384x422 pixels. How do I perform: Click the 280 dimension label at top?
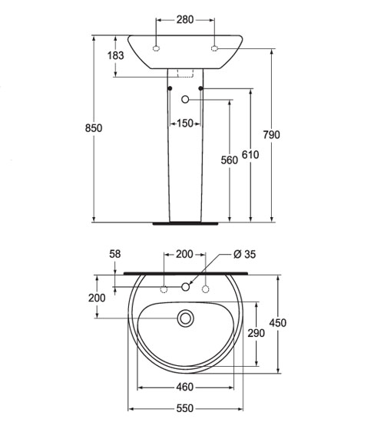coord(185,20)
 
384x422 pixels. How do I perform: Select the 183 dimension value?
coord(116,56)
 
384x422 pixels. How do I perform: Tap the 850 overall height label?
coord(94,128)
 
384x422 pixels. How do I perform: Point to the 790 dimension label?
coord(272,135)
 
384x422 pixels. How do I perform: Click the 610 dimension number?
coord(250,155)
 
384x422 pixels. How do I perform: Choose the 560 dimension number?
coord(230,160)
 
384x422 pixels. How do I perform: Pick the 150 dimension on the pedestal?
coord(185,124)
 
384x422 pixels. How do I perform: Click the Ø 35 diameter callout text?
coord(245,254)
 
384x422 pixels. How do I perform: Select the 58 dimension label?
coord(115,254)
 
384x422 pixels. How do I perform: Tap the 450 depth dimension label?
coord(278,323)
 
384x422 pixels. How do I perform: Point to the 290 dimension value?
coord(257,334)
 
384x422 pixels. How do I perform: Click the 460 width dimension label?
coord(185,387)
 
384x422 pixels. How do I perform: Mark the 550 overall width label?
coord(185,408)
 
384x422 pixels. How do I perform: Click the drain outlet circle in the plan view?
coord(185,318)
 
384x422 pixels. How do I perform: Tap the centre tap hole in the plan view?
coord(185,287)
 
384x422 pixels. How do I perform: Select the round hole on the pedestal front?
coord(185,100)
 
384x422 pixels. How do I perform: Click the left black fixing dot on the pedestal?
coord(170,88)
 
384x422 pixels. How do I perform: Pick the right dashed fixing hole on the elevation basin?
coord(214,48)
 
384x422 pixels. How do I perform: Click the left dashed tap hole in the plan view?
coord(164,289)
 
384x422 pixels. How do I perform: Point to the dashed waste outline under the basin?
coord(185,73)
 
